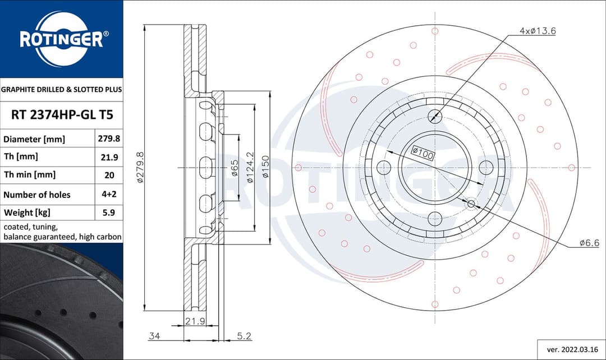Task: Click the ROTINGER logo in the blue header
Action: click(x=61, y=39)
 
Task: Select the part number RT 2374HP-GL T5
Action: click(x=62, y=115)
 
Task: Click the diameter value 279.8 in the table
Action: click(x=109, y=139)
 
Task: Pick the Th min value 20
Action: click(x=109, y=175)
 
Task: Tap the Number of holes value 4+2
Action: click(x=109, y=195)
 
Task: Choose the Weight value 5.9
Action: click(x=109, y=213)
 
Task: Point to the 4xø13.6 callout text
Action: click(x=537, y=31)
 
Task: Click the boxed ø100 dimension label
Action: click(x=423, y=153)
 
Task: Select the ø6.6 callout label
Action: click(x=589, y=243)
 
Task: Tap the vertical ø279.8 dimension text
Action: click(x=141, y=167)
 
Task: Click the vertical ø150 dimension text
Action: click(x=265, y=167)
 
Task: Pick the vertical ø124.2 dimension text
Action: click(x=250, y=167)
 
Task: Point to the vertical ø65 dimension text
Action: click(x=235, y=167)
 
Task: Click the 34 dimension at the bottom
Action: click(x=154, y=336)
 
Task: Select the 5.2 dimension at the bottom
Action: click(x=244, y=336)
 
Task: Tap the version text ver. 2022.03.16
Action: click(x=569, y=349)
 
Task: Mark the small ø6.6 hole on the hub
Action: click(x=471, y=204)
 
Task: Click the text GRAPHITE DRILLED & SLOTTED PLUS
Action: click(x=61, y=89)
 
